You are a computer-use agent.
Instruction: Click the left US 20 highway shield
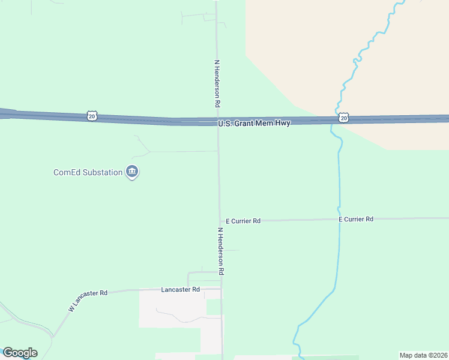pyautogui.click(x=91, y=116)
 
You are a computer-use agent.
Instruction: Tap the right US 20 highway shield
pyautogui.click(x=343, y=118)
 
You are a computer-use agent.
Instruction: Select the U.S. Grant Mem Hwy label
pyautogui.click(x=254, y=123)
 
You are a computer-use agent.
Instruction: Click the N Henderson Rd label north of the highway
pyautogui.click(x=217, y=83)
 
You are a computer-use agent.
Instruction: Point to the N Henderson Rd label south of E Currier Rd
pyautogui.click(x=221, y=251)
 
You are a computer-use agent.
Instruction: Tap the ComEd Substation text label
pyautogui.click(x=88, y=173)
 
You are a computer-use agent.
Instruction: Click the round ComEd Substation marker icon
pyautogui.click(x=133, y=173)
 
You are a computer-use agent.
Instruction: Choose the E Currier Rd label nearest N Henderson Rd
pyautogui.click(x=243, y=221)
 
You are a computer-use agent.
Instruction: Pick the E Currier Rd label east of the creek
pyautogui.click(x=356, y=219)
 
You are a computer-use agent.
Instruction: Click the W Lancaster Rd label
pyautogui.click(x=88, y=301)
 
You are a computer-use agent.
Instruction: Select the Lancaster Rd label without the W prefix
pyautogui.click(x=180, y=289)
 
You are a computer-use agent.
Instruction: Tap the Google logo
pyautogui.click(x=20, y=353)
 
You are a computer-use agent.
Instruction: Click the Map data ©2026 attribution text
pyautogui.click(x=423, y=355)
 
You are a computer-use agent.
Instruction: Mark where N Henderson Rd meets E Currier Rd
pyautogui.click(x=220, y=221)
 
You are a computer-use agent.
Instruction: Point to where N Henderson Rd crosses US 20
pyautogui.click(x=218, y=122)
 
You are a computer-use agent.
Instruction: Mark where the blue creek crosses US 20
pyautogui.click(x=332, y=120)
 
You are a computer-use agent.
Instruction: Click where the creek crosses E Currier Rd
pyautogui.click(x=339, y=220)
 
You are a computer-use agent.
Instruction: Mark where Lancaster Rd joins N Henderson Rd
pyautogui.click(x=221, y=289)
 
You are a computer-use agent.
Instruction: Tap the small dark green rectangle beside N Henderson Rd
pyautogui.click(x=213, y=307)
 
